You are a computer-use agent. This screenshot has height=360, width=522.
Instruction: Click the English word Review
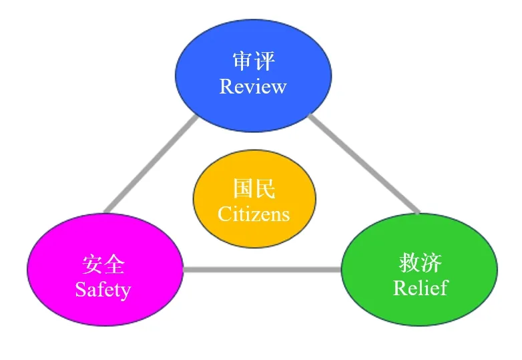(253, 87)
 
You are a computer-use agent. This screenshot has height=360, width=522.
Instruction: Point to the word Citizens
(254, 214)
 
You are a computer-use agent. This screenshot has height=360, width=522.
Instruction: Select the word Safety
(103, 290)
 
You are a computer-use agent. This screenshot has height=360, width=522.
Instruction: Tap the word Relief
(420, 288)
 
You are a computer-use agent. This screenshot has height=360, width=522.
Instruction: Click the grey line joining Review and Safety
(151, 164)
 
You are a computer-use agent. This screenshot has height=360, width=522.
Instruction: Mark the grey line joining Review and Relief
(364, 164)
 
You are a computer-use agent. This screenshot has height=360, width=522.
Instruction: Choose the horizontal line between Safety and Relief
(262, 270)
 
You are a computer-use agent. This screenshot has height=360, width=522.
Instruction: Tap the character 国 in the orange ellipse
(244, 190)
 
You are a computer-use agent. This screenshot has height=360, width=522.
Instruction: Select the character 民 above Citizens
(265, 190)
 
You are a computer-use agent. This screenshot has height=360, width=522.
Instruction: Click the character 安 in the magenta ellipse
(93, 265)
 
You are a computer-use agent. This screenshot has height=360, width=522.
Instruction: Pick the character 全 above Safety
(114, 265)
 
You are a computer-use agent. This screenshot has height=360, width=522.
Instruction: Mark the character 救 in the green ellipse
(409, 263)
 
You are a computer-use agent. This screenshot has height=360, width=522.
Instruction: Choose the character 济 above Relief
(431, 263)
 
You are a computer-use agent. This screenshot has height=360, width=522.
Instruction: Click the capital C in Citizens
(224, 214)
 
